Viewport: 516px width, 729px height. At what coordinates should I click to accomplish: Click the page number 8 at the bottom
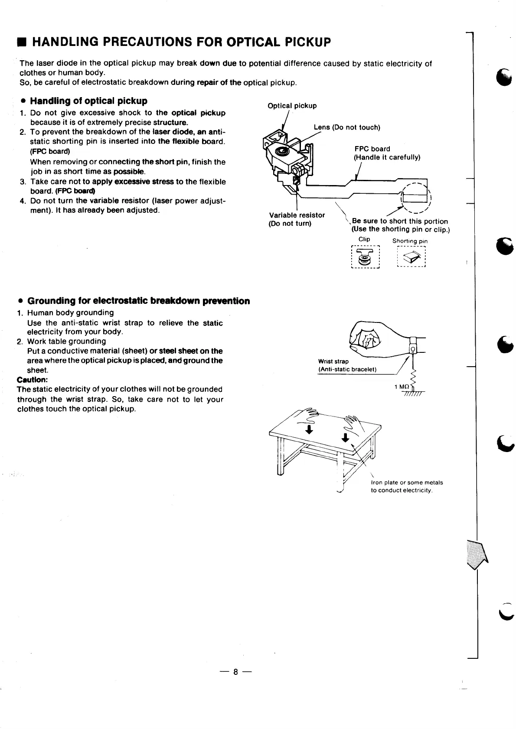pyautogui.click(x=235, y=672)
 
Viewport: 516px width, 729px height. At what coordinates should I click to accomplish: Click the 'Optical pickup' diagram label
pyautogui.click(x=292, y=106)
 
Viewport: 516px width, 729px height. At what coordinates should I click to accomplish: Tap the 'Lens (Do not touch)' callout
pyautogui.click(x=346, y=127)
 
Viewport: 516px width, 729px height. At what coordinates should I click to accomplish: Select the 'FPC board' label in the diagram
pyautogui.click(x=372, y=149)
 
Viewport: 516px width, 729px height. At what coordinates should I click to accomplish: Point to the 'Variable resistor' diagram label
pyautogui.click(x=297, y=215)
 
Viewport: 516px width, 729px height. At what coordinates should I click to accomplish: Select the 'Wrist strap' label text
pyautogui.click(x=333, y=361)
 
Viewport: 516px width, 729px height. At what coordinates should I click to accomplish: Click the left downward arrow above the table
pyautogui.click(x=309, y=429)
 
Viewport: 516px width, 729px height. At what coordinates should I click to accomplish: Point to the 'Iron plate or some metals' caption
pyautogui.click(x=407, y=482)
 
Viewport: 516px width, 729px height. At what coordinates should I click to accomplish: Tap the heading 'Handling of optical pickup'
pyautogui.click(x=88, y=101)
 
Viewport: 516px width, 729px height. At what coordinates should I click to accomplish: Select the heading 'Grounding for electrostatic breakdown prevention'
pyautogui.click(x=138, y=301)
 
